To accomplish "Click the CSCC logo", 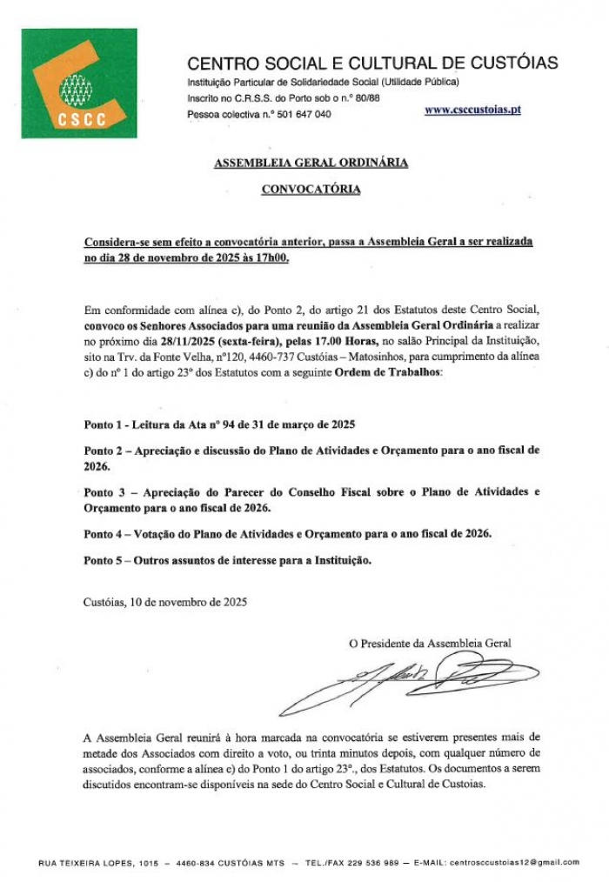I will click(79, 84).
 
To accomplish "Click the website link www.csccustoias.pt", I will click(473, 111).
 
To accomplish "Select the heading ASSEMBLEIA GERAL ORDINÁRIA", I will click(311, 163).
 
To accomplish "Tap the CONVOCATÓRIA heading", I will click(311, 189).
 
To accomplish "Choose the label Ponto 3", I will click(104, 491).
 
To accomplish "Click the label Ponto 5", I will click(104, 560).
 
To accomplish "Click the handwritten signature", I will click(409, 679).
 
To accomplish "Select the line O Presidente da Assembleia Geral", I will click(430, 644).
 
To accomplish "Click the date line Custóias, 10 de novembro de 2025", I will click(165, 601).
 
